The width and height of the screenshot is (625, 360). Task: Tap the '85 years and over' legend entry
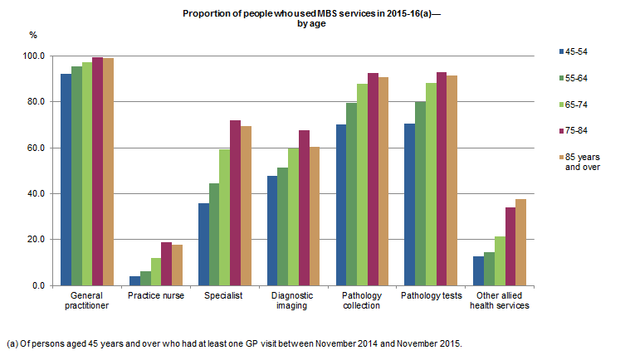(581, 162)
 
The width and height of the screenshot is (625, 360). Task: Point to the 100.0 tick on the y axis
(36, 56)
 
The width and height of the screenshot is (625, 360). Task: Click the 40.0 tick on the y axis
(37, 194)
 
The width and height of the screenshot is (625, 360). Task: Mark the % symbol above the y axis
(33, 36)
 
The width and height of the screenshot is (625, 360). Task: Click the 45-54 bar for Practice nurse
(134, 280)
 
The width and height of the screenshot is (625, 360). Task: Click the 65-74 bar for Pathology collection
(362, 184)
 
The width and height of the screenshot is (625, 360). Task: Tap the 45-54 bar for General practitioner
(66, 180)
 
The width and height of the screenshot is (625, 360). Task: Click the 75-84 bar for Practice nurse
(166, 264)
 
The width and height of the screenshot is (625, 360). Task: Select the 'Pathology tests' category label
(430, 295)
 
